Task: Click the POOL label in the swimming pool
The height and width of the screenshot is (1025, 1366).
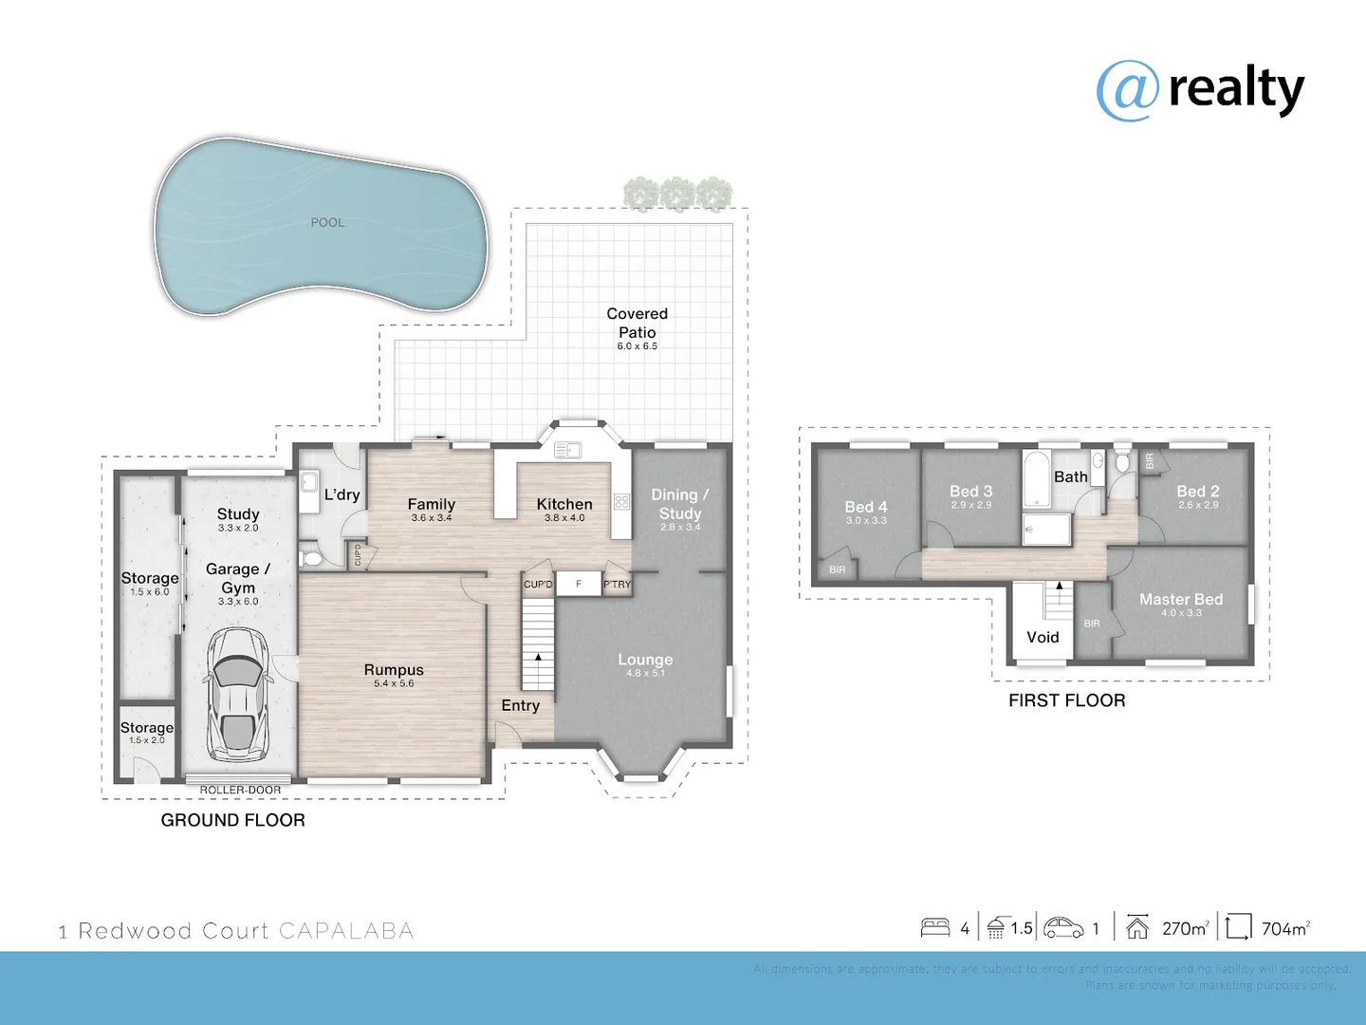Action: [x=327, y=223]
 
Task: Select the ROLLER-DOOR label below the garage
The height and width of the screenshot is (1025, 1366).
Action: [x=240, y=790]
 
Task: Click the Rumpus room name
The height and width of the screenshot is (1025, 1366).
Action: [x=394, y=670]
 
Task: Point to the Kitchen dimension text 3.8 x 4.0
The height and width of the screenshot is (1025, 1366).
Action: [x=564, y=518]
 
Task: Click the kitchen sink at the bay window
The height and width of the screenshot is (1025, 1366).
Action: [x=567, y=450]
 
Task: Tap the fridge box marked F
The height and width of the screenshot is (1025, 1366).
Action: [x=579, y=584]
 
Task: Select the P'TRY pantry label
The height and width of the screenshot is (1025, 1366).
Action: [x=617, y=585]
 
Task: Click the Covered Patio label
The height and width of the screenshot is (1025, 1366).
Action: [x=637, y=323]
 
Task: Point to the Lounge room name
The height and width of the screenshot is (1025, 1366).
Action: [x=645, y=660]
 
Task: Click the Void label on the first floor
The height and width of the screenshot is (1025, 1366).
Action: [x=1043, y=638]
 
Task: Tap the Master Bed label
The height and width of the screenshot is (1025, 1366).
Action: [x=1181, y=600]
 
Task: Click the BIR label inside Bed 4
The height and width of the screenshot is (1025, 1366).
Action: [x=837, y=570]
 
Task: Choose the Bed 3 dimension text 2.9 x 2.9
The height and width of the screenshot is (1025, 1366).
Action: [x=971, y=505]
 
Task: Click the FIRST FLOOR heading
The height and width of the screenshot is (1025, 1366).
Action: [x=1066, y=700]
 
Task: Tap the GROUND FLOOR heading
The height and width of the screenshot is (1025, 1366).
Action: [x=232, y=820]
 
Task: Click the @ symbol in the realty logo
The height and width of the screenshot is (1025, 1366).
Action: [x=1128, y=91]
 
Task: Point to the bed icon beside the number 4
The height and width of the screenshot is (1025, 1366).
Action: [x=935, y=928]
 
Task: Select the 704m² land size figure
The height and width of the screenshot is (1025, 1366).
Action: [x=1285, y=929]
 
